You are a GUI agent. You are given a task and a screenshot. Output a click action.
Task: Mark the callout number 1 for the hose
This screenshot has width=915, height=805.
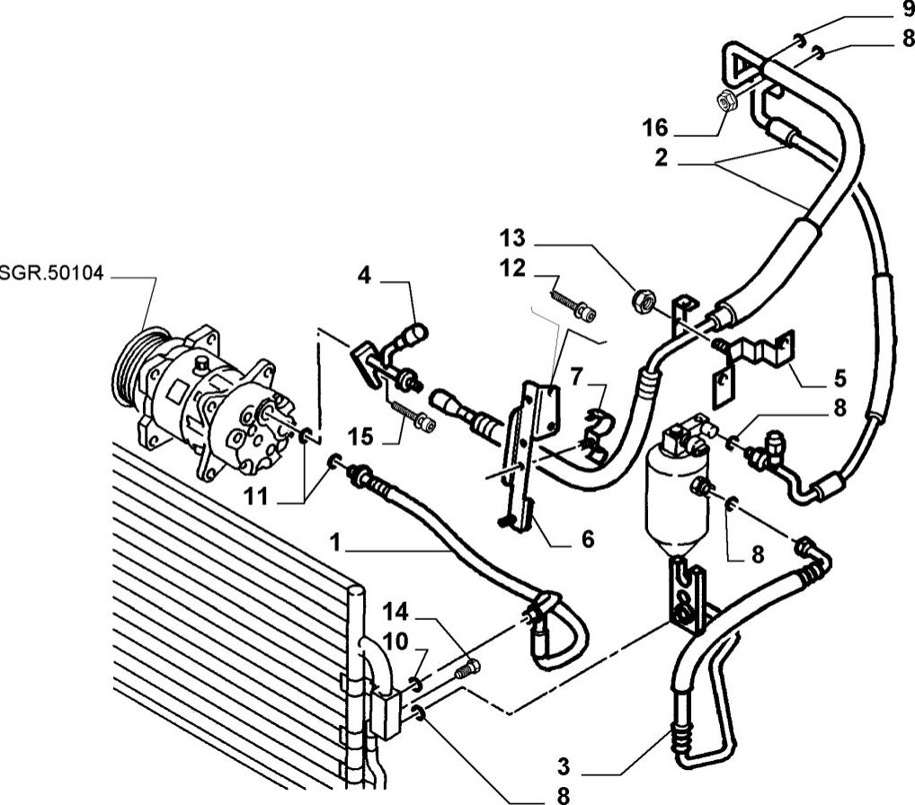[x=335, y=544]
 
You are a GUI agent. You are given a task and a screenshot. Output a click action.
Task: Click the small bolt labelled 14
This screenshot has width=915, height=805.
[x=468, y=668]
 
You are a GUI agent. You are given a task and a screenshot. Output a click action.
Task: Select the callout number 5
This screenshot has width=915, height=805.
[x=839, y=377]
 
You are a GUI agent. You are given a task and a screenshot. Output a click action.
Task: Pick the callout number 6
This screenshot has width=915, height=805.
[x=587, y=539]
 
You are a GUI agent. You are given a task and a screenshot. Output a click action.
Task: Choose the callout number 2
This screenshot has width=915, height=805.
[x=661, y=158]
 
